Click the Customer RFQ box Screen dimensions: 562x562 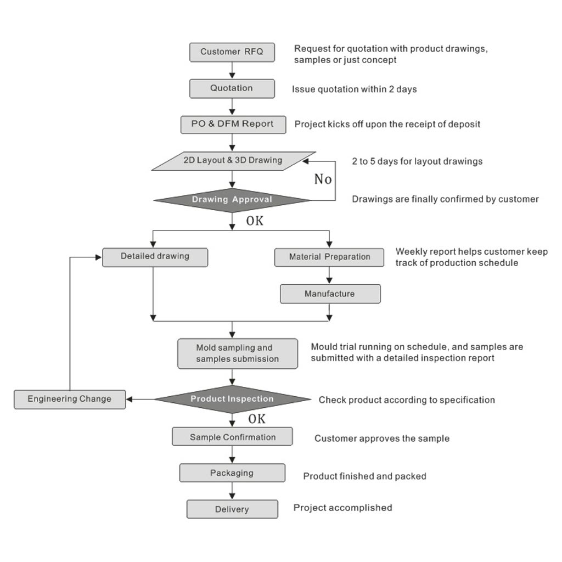(x=232, y=52)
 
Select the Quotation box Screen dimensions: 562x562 (x=232, y=88)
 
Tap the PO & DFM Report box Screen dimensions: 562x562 (x=233, y=125)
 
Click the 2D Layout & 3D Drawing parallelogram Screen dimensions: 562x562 (x=233, y=161)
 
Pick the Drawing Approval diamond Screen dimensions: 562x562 (x=232, y=200)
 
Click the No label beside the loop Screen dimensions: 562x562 (x=323, y=179)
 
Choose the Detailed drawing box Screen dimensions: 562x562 (x=155, y=257)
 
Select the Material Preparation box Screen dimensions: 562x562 (x=329, y=257)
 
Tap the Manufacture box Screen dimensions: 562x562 (x=330, y=294)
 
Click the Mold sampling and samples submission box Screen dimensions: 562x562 (x=237, y=353)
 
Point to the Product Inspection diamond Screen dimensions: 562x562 (x=232, y=399)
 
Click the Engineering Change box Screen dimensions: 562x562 (x=70, y=400)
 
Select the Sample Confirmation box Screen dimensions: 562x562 (x=232, y=436)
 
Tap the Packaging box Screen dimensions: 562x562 (x=232, y=473)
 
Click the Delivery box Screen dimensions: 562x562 (x=232, y=509)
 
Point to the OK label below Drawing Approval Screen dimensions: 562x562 (x=255, y=221)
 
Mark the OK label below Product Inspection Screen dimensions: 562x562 (x=257, y=419)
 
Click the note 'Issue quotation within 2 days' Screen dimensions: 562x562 (x=354, y=89)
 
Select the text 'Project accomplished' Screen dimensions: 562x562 (x=342, y=508)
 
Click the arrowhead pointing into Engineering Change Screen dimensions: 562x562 (x=130, y=400)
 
